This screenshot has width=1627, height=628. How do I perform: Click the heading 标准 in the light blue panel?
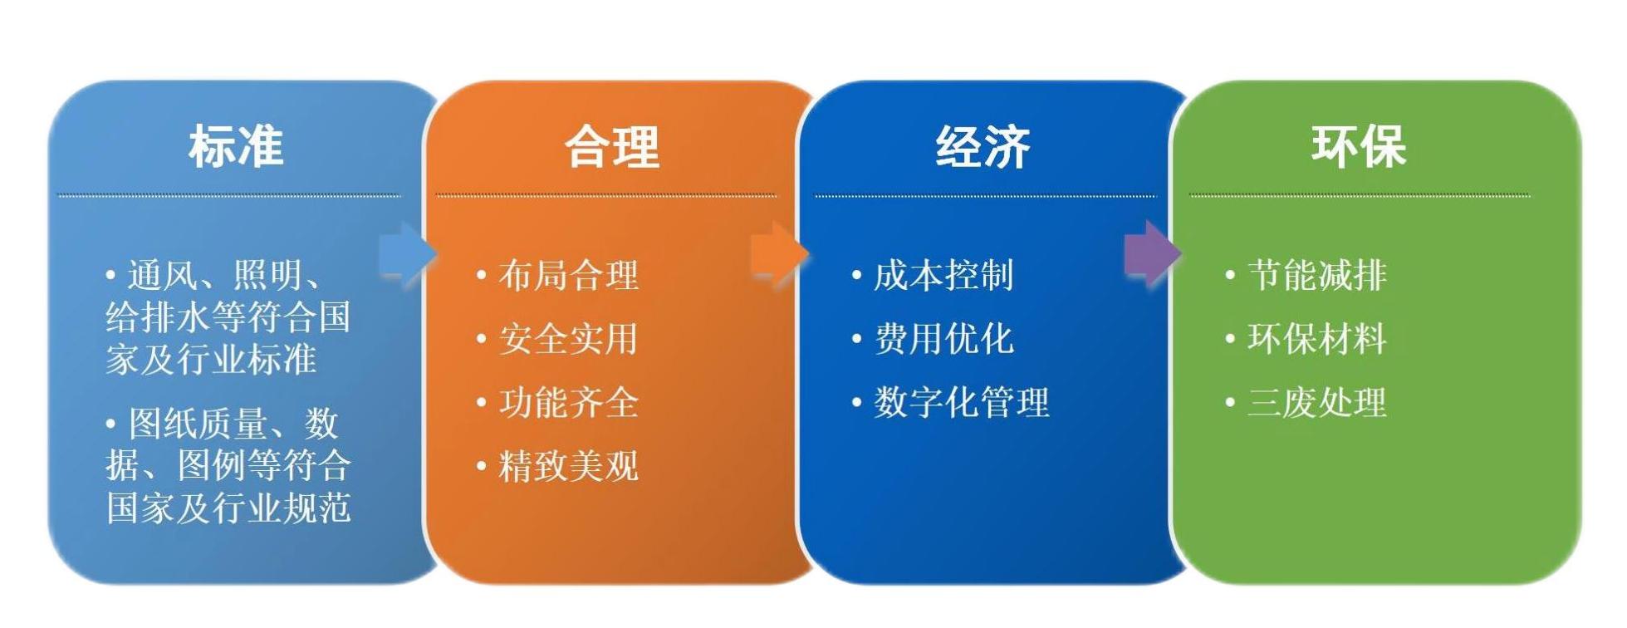[236, 146]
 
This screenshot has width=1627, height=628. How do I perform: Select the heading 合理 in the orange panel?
[612, 147]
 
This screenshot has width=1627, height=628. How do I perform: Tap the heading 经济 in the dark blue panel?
[983, 147]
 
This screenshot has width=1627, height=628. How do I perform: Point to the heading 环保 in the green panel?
[1358, 146]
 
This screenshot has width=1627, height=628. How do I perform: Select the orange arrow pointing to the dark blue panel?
[779, 253]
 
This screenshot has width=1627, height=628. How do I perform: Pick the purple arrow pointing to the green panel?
[1152, 253]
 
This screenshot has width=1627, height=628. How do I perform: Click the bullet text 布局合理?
[569, 276]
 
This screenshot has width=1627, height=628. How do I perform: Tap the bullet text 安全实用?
[569, 339]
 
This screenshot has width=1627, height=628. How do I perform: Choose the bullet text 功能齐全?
[569, 403]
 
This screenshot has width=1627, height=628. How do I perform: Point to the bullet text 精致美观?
[569, 466]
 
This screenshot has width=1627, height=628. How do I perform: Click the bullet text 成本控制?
[943, 276]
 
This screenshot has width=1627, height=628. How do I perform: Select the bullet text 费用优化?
[943, 339]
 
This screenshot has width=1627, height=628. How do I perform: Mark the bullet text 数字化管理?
[962, 403]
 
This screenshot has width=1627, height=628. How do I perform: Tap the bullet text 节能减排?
[1317, 276]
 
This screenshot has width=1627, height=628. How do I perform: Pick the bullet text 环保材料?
[1317, 339]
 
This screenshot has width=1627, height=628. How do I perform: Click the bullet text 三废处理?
[1317, 403]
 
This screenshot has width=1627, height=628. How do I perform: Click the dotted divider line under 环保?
[1359, 196]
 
